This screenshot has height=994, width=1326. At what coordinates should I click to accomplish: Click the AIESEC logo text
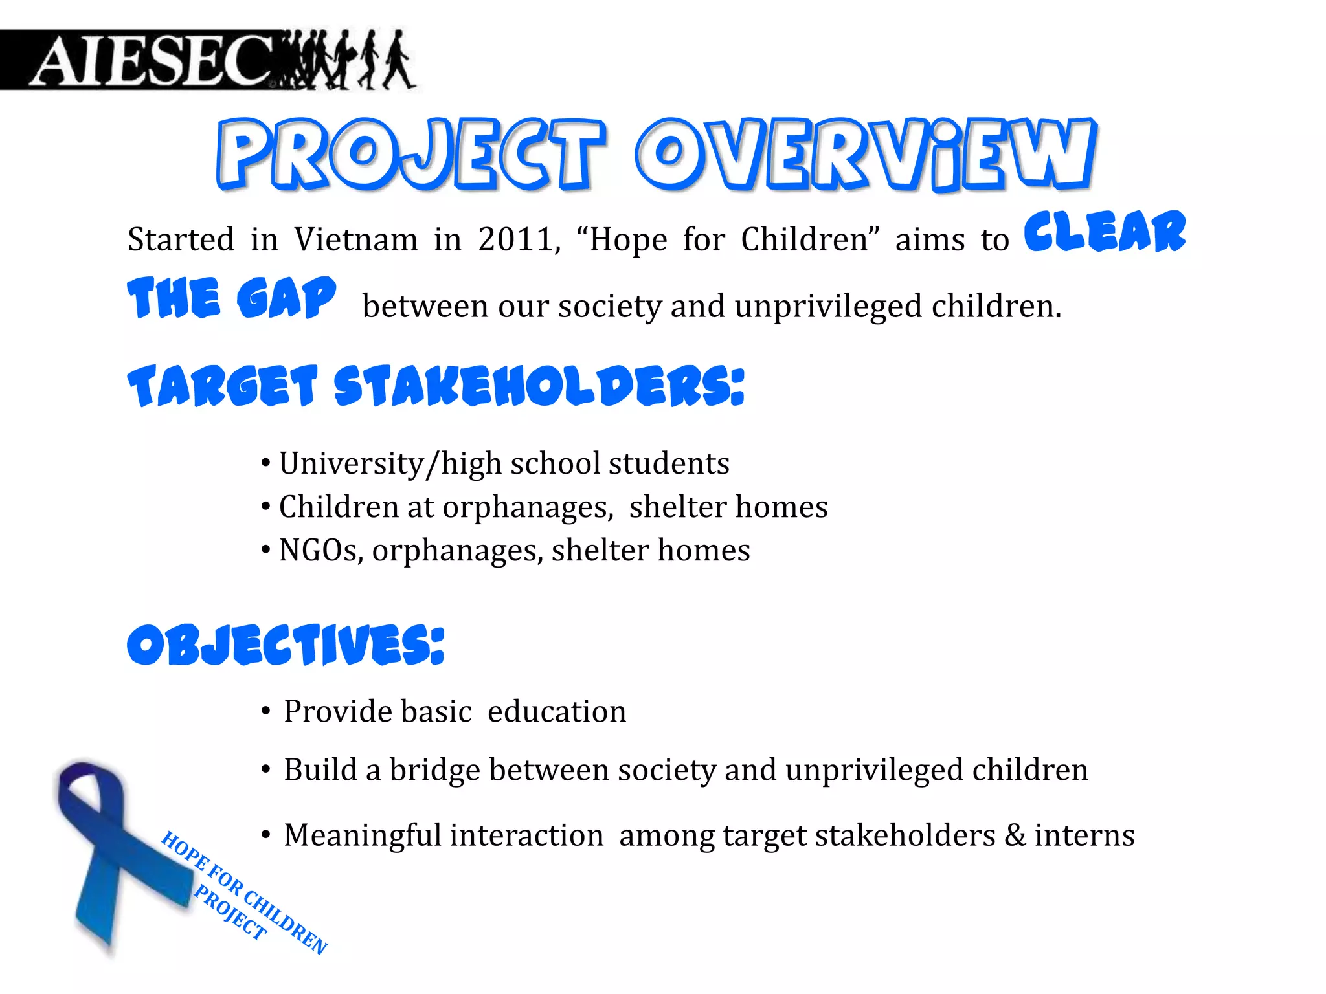(x=152, y=61)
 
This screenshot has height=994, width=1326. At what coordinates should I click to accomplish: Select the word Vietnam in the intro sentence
(x=356, y=239)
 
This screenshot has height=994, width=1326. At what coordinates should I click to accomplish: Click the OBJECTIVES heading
(x=286, y=645)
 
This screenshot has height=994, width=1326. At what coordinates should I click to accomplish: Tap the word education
(x=557, y=711)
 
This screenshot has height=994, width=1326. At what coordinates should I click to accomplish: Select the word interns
(x=1084, y=835)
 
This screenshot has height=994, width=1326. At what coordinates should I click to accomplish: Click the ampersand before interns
(x=1015, y=835)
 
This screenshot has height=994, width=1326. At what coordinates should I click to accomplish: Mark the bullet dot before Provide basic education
(x=265, y=711)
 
